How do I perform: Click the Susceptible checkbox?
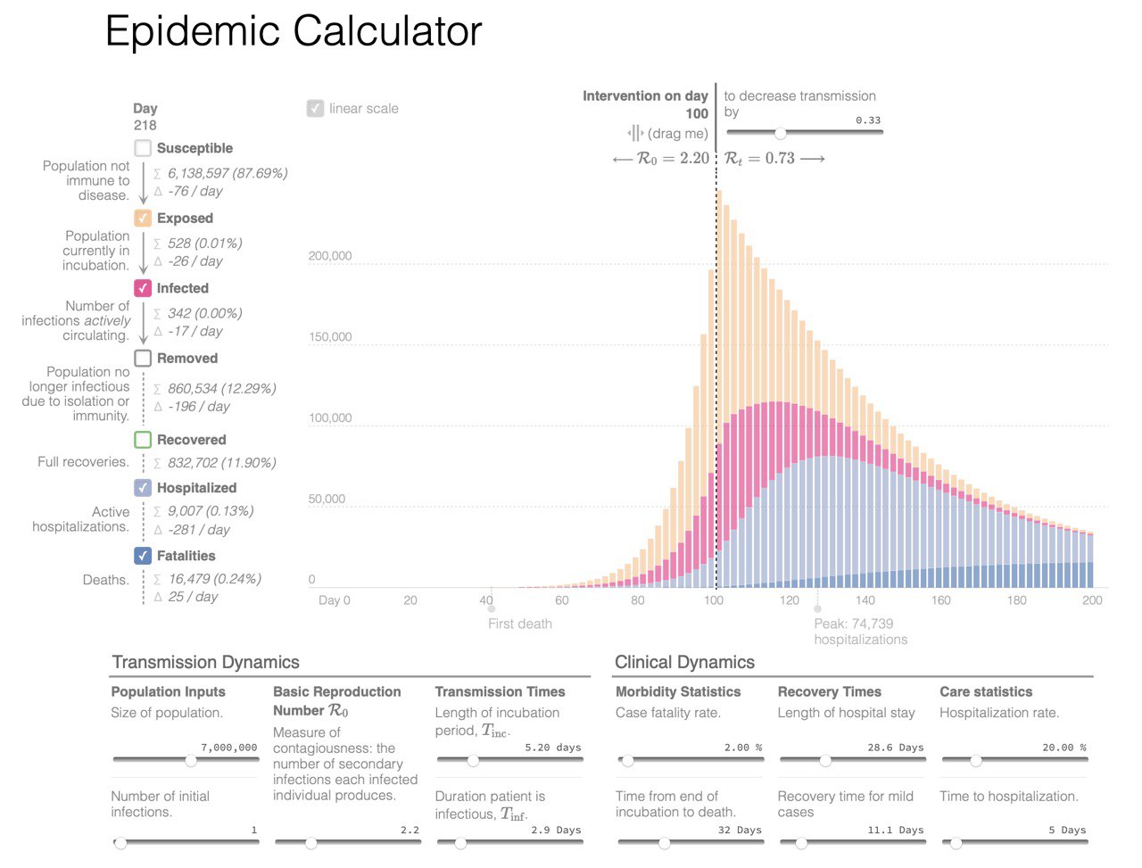coord(143,148)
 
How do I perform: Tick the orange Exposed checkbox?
coord(143,219)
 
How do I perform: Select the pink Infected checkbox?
coord(143,288)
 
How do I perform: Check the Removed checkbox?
coord(143,359)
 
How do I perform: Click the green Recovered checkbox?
coord(143,440)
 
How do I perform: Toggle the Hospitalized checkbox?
coord(143,488)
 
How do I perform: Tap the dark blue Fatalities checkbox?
coord(143,556)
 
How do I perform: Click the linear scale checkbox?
coord(315,109)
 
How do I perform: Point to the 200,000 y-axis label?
coord(330,256)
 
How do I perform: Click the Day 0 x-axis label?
coord(334,600)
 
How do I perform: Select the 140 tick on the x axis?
coord(865,600)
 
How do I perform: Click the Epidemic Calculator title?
coord(294,32)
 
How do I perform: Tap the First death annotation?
coord(519,624)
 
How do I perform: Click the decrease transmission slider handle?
coord(781,133)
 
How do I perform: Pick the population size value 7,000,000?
coord(229,748)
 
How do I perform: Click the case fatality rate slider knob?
coord(628,761)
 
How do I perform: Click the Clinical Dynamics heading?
coord(684,662)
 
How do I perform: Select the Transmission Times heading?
coord(500,691)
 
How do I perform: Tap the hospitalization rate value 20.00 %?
coord(1063,748)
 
